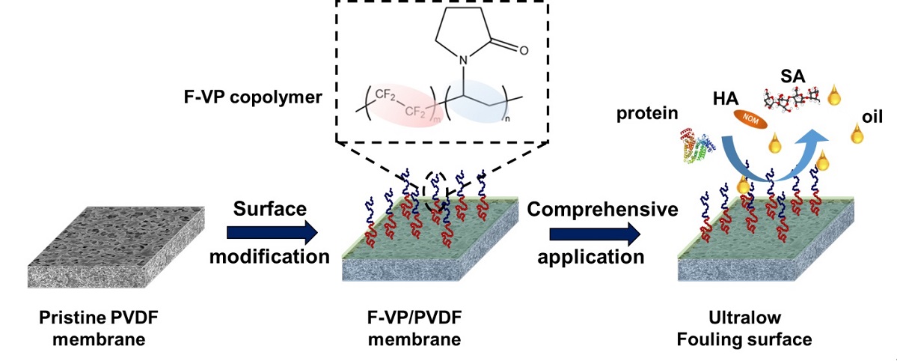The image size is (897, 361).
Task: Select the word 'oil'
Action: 872,118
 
